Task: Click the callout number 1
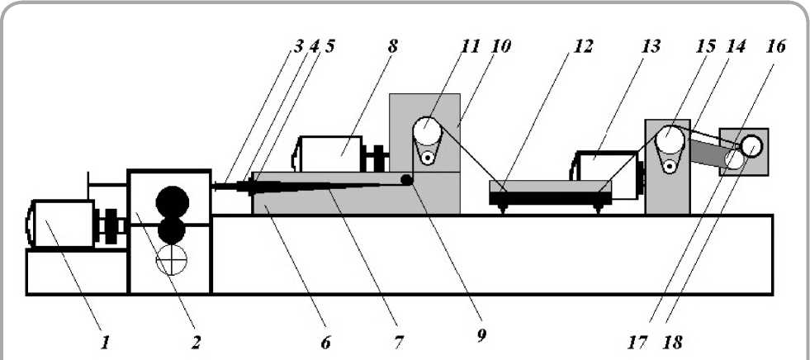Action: point(104,341)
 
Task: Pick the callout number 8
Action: point(392,45)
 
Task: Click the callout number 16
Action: point(775,46)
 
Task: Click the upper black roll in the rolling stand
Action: point(172,201)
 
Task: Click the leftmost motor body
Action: point(60,223)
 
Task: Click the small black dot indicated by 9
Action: point(406,180)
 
